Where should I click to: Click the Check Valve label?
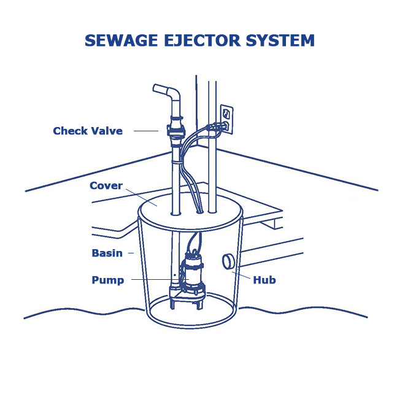click(x=88, y=131)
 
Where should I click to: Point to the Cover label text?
click(x=106, y=185)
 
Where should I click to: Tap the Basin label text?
click(x=107, y=253)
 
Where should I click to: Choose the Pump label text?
click(x=108, y=280)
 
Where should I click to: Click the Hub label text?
click(x=265, y=280)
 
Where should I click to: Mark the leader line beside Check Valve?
click(x=146, y=131)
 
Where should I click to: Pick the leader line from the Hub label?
click(x=244, y=273)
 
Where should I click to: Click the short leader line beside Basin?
click(x=131, y=253)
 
